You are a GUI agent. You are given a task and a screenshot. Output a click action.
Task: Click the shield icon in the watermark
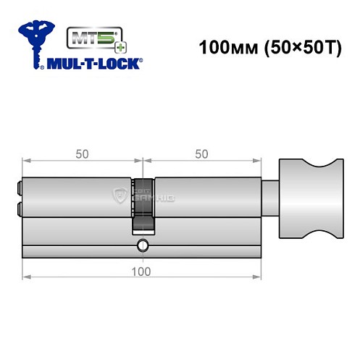120,194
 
